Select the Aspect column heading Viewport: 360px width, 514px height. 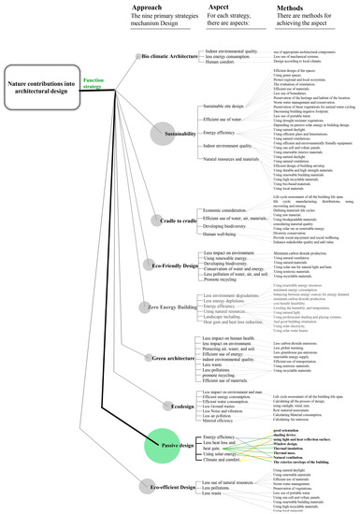[x=210, y=7]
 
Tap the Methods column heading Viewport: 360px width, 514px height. [x=283, y=7]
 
